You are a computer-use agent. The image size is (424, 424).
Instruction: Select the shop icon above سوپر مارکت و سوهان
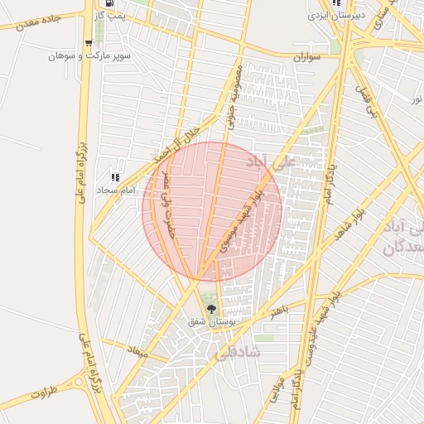pos(89,43)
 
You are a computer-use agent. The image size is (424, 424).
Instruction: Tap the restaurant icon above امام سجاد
pos(115,177)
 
